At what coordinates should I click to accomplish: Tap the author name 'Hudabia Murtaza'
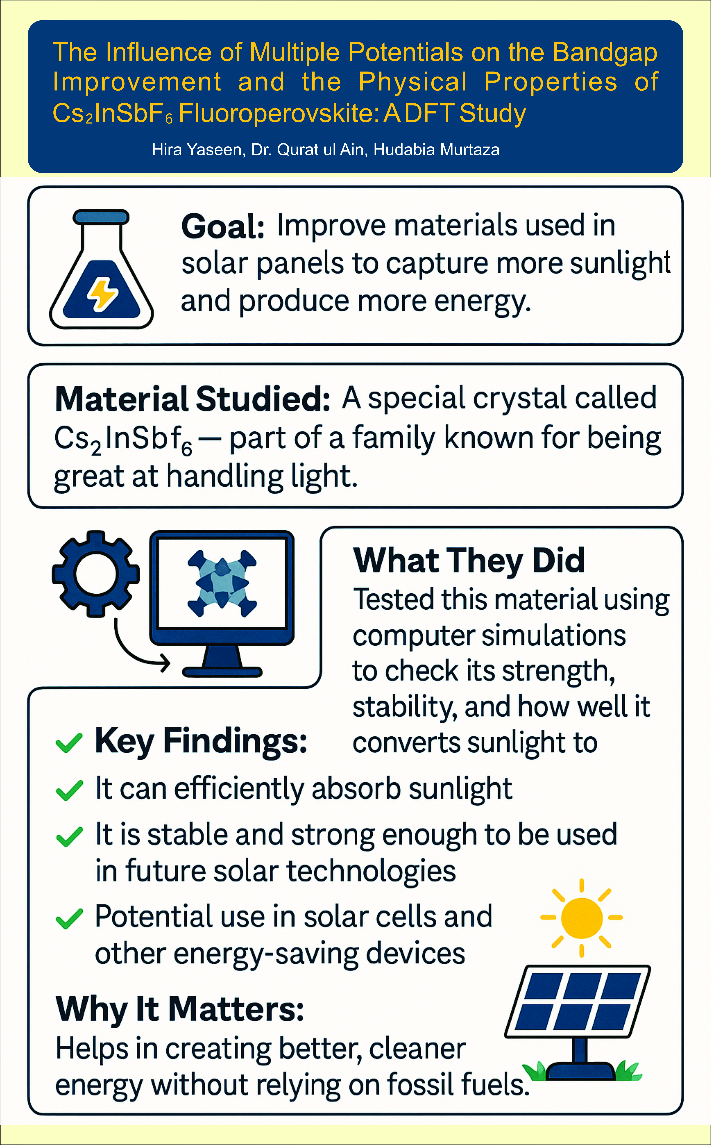pos(436,150)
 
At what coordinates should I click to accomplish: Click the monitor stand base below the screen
pos(222,672)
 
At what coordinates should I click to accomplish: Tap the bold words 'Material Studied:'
pos(193,399)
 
